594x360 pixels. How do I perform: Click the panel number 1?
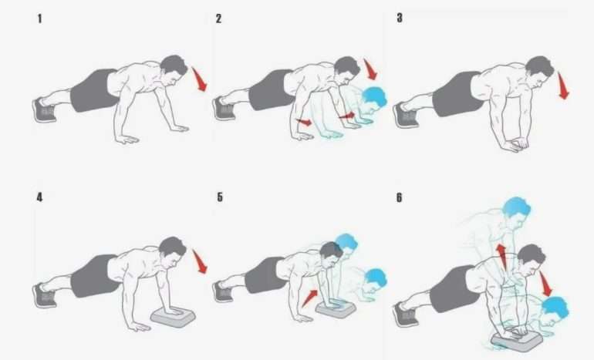coord(40,19)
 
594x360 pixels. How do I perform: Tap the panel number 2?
coord(218,19)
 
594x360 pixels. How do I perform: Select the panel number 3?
coord(400,18)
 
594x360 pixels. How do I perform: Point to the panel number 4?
coord(39,197)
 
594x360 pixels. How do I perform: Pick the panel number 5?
coord(220,197)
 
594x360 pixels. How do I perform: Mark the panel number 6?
coord(400,197)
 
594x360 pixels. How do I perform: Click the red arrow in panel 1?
coord(199,79)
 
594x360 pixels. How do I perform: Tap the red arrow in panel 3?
coord(563,86)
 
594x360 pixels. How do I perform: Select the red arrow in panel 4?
coord(200,261)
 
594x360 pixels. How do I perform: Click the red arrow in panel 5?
coord(310,298)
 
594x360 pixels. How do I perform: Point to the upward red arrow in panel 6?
coord(501,256)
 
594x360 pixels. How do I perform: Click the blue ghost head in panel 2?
coord(374,97)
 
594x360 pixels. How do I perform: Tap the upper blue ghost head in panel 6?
coord(516,208)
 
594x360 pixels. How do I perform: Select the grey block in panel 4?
coord(173,317)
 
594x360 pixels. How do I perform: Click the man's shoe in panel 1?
coord(45,110)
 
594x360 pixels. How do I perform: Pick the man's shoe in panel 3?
coord(406,115)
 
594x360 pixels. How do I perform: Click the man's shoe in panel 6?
coord(406,315)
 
